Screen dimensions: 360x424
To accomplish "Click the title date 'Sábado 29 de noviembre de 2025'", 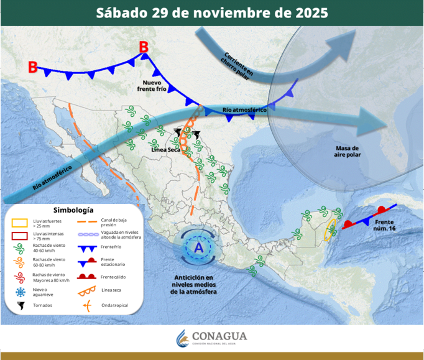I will (x=212, y=12).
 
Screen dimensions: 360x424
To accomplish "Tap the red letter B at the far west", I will (x=33, y=67).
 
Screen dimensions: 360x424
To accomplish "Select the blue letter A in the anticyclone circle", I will (x=199, y=247).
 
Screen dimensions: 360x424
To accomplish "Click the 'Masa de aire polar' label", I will (x=348, y=152).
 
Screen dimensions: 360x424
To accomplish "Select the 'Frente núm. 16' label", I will (x=385, y=225).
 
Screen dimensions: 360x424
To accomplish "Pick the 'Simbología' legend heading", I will (x=73, y=210).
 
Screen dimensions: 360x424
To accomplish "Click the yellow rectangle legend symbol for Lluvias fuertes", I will (x=21, y=222).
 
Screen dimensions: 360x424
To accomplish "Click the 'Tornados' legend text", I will (x=42, y=305).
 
